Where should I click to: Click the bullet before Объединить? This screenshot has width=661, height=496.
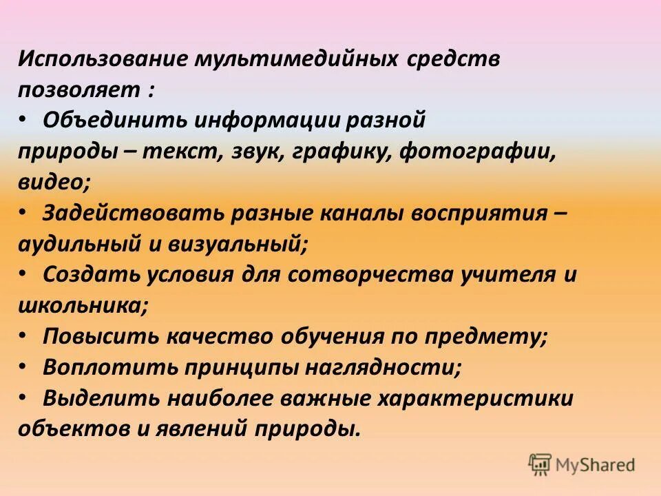tap(23, 119)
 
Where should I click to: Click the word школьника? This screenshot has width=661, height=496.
tap(81, 305)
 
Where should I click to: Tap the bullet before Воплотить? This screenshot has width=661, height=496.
tap(23, 366)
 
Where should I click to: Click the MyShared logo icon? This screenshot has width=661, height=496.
tap(540, 465)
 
